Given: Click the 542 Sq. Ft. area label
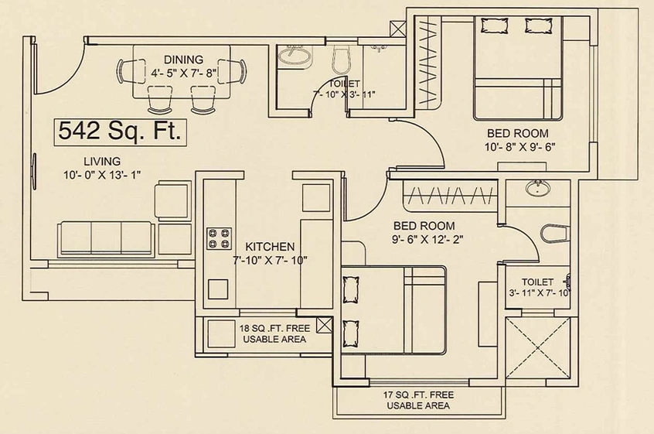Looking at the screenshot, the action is tap(120, 132).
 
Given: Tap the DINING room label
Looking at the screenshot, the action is tap(183, 60).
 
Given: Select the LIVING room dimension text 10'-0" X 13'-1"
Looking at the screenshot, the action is tap(102, 175).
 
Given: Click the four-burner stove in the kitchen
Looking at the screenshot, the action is tap(219, 239).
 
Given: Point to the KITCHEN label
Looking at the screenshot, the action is tap(270, 247).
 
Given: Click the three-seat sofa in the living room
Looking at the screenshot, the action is tap(106, 238).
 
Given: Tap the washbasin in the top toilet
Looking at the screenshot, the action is tap(295, 55).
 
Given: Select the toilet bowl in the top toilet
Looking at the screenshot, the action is tap(342, 60).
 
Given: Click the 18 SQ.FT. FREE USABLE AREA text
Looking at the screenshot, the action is tap(274, 334).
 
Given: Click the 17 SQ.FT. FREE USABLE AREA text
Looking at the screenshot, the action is tap(418, 400).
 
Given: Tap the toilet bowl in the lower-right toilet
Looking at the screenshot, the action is tap(555, 234).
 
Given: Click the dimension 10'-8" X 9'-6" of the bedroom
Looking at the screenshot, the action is tap(519, 147).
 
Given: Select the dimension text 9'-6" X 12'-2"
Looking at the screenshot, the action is tap(428, 240).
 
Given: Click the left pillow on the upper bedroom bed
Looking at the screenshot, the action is tap(494, 26).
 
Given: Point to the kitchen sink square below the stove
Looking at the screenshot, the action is tap(218, 289).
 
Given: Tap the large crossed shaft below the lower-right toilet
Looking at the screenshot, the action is tap(537, 347).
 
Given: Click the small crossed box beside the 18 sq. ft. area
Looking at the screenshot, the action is tap(324, 325).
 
